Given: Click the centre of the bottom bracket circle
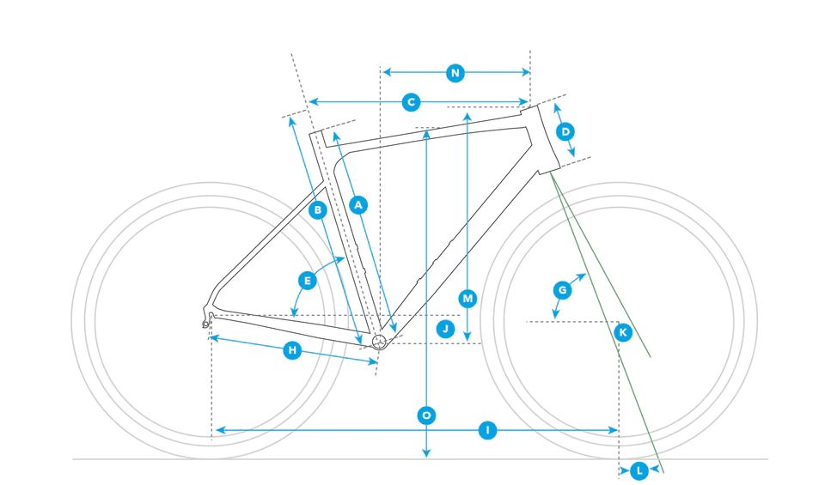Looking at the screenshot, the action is [379, 342].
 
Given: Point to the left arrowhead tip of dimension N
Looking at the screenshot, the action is [382, 72].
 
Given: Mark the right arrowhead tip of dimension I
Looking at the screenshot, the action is [617, 430].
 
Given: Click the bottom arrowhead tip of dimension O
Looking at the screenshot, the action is [426, 457].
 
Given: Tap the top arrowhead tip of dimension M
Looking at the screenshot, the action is [467, 112].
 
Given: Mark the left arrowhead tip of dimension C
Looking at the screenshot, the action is [309, 102].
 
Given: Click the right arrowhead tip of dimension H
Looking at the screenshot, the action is [377, 361].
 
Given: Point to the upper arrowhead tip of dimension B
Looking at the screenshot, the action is [290, 118].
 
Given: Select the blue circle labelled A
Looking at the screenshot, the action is [358, 204].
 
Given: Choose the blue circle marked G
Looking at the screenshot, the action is [562, 290].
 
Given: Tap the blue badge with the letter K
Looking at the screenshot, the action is [623, 332].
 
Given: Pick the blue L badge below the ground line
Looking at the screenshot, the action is [639, 470].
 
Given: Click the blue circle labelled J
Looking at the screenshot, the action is [446, 330].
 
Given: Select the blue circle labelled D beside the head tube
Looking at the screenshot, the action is [565, 131].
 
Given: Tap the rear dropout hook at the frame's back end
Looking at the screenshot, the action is [207, 319].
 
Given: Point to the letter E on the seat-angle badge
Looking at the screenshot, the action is [308, 281].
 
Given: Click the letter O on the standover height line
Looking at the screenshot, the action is [426, 415].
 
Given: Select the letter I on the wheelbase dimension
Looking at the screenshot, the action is [488, 430].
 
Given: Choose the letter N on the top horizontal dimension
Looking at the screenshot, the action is [455, 72].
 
